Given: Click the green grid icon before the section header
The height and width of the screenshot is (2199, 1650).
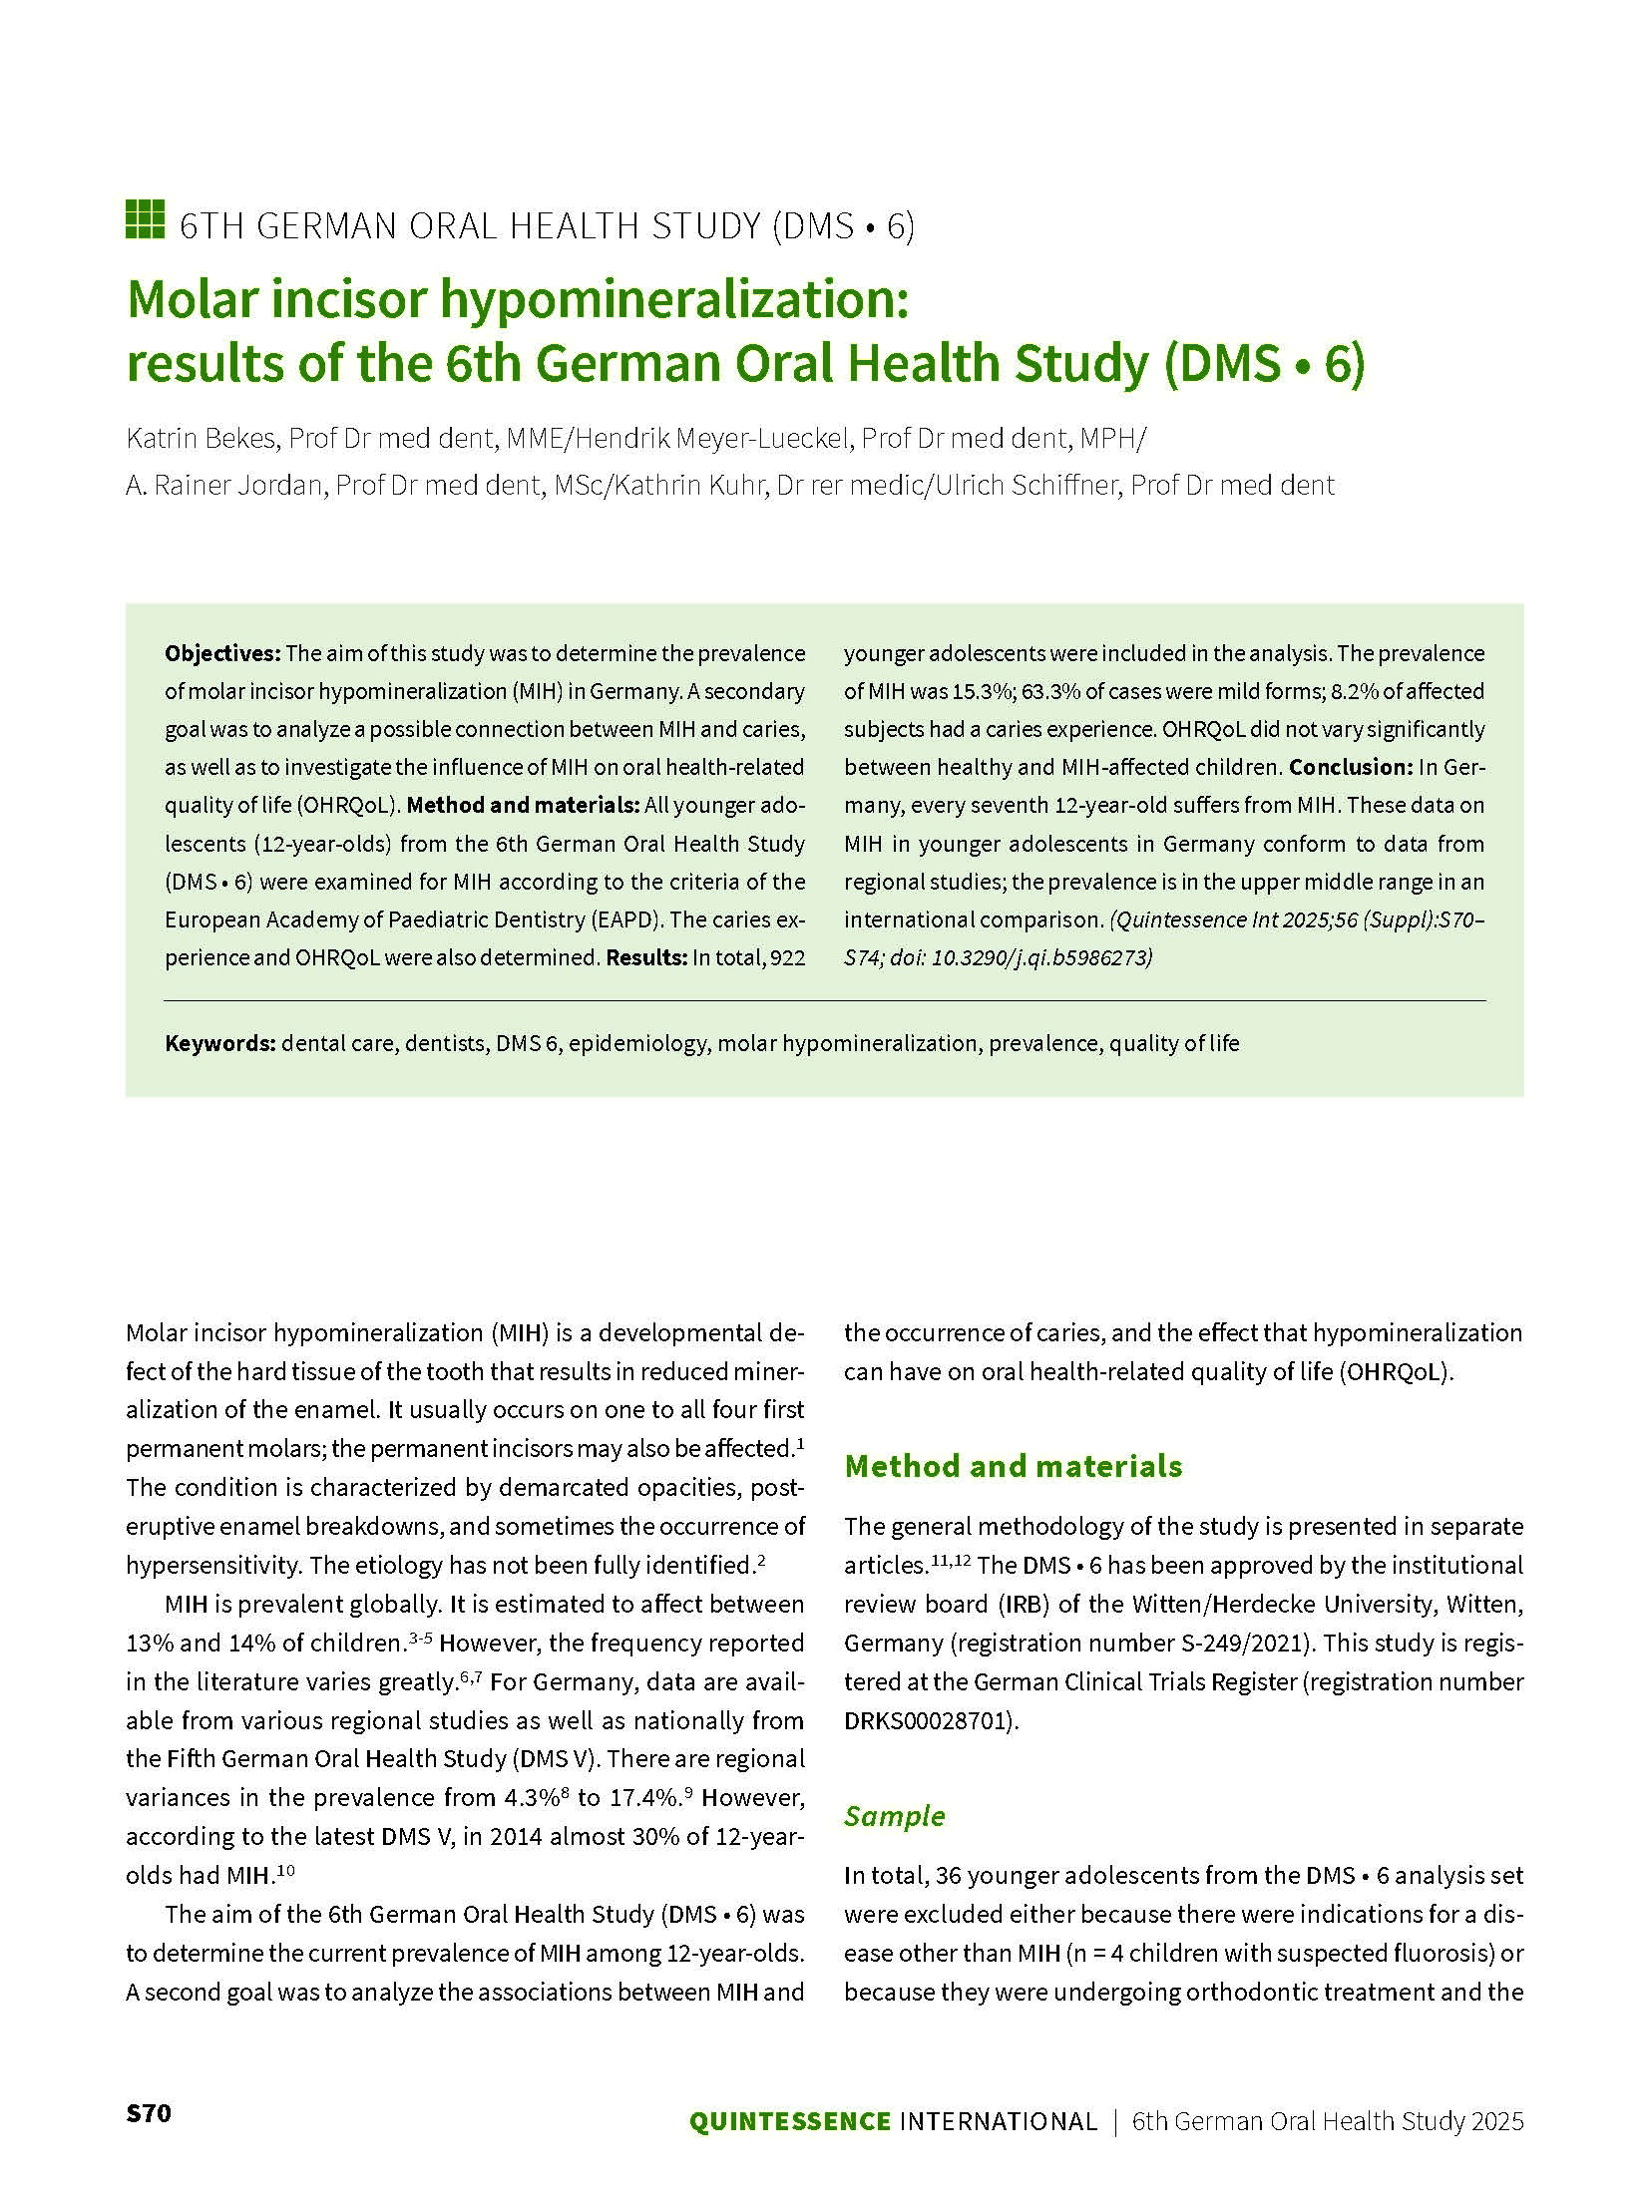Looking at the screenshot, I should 145,220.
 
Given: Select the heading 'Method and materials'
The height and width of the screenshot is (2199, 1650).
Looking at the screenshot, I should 1013,1466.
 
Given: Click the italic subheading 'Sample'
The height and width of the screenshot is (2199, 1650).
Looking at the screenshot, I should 894,1816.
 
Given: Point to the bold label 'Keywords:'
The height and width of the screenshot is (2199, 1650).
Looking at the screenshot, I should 219,1043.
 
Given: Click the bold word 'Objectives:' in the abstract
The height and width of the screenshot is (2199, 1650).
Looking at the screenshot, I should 222,653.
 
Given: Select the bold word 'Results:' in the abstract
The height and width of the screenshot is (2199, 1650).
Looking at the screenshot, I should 646,957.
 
